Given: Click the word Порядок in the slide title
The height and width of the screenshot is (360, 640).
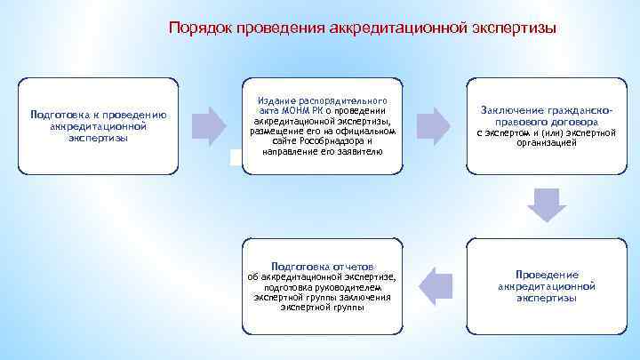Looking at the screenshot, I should click(x=195, y=28).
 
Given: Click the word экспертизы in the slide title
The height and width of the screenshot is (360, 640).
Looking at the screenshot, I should click(x=514, y=28).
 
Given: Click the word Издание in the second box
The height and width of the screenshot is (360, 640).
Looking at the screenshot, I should click(x=273, y=90).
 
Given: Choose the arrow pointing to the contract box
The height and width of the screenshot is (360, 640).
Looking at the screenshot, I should click(x=433, y=125).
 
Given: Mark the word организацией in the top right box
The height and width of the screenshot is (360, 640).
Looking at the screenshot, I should click(x=546, y=143).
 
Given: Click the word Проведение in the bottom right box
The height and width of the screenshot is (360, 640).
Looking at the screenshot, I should click(x=547, y=275).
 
